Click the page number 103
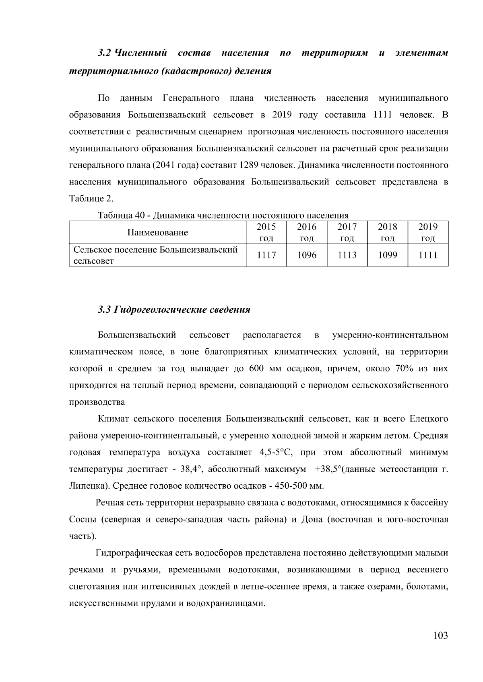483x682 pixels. click(x=440, y=635)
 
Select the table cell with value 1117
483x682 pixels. click(x=266, y=255)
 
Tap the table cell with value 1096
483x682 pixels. click(x=306, y=255)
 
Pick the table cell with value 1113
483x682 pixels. click(x=347, y=255)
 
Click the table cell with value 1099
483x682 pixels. click(x=387, y=255)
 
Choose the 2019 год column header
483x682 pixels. click(x=427, y=232)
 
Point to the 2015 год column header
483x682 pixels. click(x=266, y=232)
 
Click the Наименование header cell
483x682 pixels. click(x=157, y=232)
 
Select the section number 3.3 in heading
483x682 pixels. click(x=104, y=310)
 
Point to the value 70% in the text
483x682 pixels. click(x=405, y=369)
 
